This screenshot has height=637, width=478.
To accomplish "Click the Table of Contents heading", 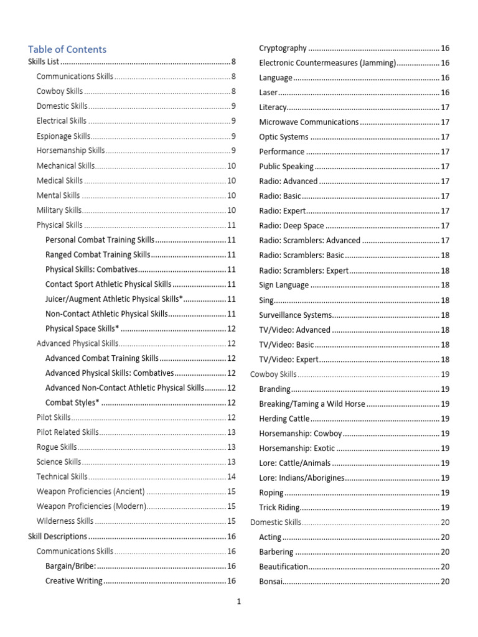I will (x=67, y=49).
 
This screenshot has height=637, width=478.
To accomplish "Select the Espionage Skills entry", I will (x=63, y=136).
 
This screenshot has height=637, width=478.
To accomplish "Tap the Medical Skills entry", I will (x=60, y=181).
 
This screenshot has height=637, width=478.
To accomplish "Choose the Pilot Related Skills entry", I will (x=68, y=432).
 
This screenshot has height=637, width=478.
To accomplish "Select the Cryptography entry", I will (x=283, y=48).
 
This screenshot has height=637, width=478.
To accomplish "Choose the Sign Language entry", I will (x=284, y=285).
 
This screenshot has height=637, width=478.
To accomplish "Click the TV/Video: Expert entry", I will (x=289, y=360).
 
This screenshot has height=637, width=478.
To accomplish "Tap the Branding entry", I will (x=274, y=389).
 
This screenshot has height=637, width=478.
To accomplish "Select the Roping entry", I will (x=271, y=493).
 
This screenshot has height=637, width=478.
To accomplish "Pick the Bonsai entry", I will (x=271, y=582).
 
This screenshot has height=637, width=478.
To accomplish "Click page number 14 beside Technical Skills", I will (x=232, y=477).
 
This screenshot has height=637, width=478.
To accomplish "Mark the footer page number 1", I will (x=239, y=602).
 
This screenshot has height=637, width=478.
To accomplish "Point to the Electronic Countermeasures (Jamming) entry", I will (x=327, y=63).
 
